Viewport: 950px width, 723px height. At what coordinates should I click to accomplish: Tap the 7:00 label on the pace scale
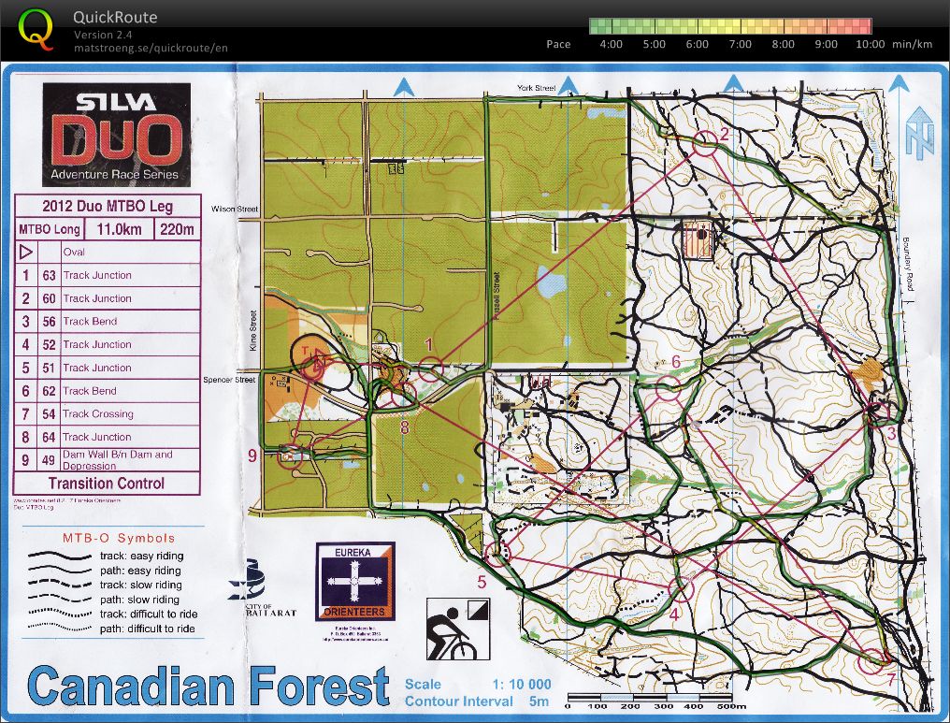click(740, 44)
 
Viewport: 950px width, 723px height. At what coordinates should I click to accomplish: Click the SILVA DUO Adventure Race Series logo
click(116, 135)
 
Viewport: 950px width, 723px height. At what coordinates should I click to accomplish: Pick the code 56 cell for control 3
click(49, 321)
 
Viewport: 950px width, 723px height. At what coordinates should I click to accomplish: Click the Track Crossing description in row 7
click(98, 413)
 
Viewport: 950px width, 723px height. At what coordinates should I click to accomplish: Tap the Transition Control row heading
click(106, 484)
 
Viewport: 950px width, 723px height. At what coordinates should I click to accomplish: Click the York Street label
click(536, 88)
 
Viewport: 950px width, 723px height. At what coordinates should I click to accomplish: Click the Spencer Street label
click(229, 380)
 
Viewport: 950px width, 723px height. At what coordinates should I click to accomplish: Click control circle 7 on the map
click(873, 659)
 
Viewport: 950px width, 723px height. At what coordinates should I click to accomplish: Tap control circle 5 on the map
click(498, 556)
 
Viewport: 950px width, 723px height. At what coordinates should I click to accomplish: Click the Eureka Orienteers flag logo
click(354, 580)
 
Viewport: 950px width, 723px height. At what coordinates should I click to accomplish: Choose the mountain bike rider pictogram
click(453, 629)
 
